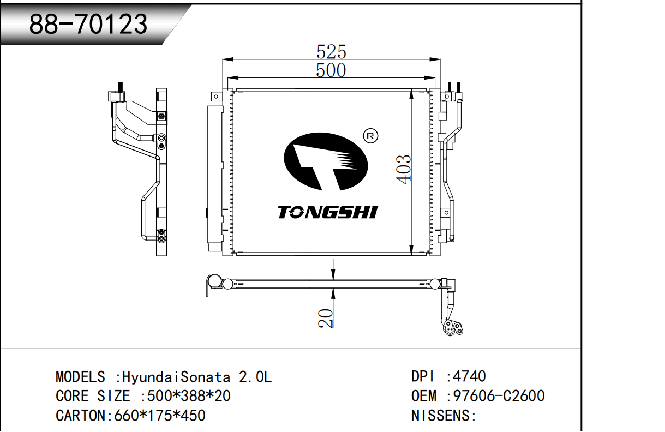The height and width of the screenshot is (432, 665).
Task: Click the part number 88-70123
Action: pos(88,24)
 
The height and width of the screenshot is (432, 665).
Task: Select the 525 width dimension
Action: pos(331,52)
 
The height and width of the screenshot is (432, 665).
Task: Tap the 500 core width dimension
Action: pos(331,70)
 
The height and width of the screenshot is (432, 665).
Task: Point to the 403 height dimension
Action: pos(404,169)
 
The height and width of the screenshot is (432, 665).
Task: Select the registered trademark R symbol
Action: pos(370,136)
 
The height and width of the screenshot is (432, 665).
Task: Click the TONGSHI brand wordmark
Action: pos(328,212)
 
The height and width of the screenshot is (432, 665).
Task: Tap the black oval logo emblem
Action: pos(326,161)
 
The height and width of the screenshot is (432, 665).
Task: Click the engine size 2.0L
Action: pos(255,377)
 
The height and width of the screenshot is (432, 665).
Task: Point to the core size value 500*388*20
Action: pos(189,396)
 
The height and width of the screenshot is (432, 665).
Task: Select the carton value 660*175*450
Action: pos(160,416)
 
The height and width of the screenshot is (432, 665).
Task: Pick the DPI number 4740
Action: pos(469,376)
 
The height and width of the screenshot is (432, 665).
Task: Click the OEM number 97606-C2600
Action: pos(499,396)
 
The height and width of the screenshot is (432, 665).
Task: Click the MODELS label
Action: pos(80,377)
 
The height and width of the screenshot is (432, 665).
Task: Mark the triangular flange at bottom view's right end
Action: pos(452,328)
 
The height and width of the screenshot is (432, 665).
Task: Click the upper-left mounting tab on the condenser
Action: pos(217,97)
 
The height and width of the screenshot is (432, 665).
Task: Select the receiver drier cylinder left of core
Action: pos(214,178)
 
